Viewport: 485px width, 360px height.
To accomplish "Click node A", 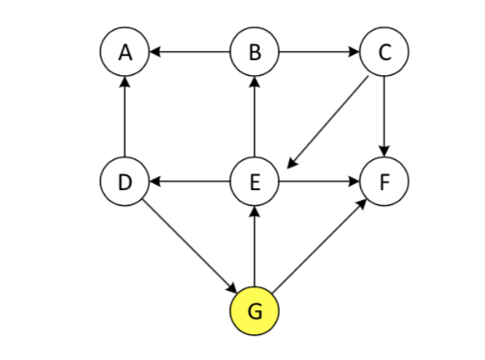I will [125, 52].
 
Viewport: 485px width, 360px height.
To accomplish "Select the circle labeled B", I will [254, 52].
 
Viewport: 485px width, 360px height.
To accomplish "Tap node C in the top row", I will [383, 52].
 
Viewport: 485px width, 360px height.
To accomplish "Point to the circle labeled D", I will [125, 182].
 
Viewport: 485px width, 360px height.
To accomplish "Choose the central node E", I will [254, 182].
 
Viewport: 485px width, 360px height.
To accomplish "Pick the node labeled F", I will [383, 182].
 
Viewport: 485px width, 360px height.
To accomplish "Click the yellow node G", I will [254, 311].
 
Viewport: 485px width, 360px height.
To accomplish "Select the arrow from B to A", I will [190, 52].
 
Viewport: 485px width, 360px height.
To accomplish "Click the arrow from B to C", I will [319, 52].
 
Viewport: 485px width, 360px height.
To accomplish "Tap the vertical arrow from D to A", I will [125, 117].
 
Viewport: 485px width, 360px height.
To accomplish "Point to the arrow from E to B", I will [254, 117].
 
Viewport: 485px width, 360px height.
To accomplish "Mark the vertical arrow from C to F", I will [383, 117].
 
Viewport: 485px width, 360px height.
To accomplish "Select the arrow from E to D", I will [190, 182].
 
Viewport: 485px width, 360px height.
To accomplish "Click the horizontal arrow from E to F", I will [319, 182].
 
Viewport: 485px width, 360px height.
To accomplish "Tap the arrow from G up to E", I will [254, 246].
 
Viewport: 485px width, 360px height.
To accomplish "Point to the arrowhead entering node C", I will [353, 52].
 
